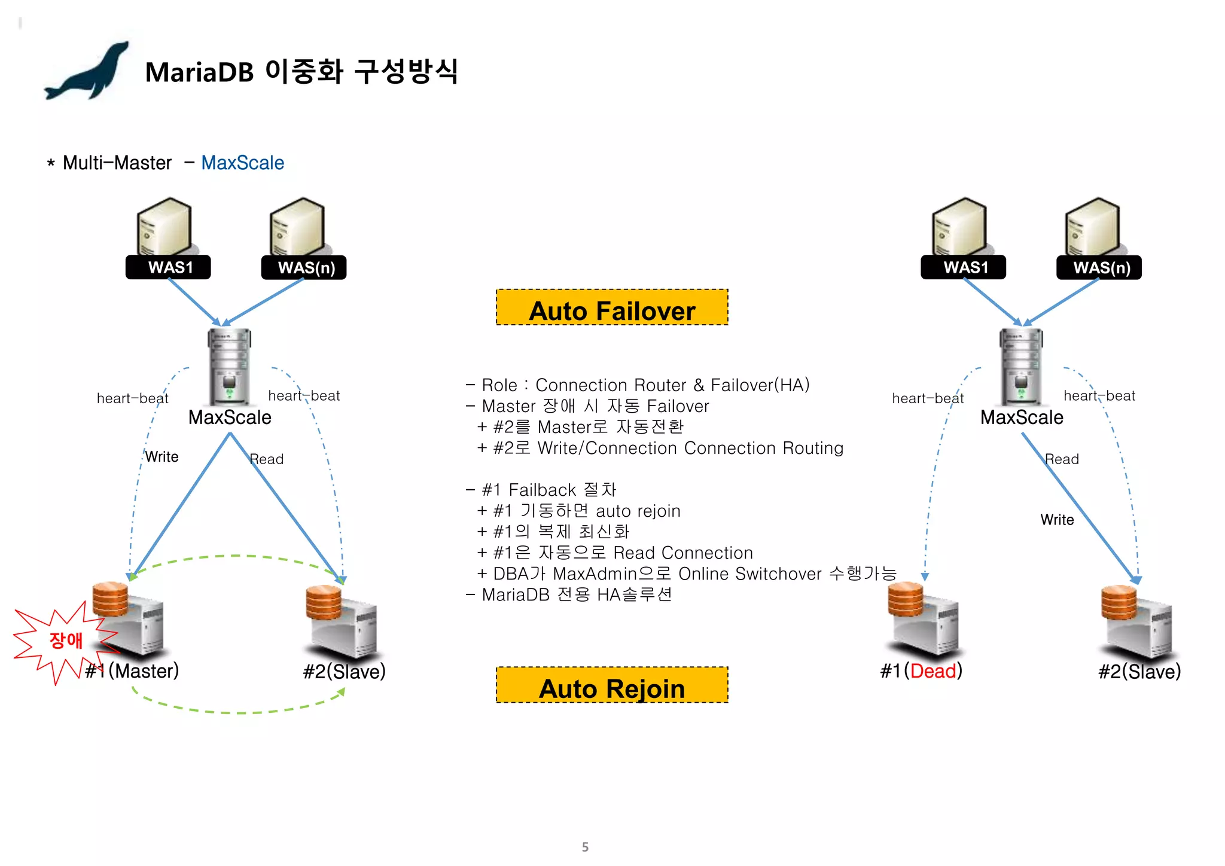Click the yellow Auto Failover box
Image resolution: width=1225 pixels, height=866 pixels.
point(612,308)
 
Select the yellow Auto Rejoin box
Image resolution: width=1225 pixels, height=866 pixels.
point(612,685)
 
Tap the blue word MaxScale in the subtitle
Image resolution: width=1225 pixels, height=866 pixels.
point(242,163)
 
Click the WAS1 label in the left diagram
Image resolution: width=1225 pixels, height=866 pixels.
point(168,267)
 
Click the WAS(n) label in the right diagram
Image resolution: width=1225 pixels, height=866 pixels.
point(1099,267)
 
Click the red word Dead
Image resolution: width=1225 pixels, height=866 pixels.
point(933,671)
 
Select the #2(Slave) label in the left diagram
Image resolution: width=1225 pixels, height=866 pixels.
point(344,671)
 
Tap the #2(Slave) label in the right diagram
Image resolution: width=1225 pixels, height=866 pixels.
point(1139,671)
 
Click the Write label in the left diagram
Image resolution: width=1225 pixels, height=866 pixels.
point(162,457)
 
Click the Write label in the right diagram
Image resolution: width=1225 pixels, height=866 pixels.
point(1057,520)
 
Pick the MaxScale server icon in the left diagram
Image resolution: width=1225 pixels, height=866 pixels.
point(229,366)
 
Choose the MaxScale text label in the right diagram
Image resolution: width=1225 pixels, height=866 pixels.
point(1022,417)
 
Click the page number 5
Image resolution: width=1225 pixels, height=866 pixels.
point(585,847)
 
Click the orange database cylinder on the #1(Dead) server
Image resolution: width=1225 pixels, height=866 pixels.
point(905,599)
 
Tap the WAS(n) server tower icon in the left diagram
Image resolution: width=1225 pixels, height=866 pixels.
point(298,227)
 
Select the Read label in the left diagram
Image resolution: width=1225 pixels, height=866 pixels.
point(267,459)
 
